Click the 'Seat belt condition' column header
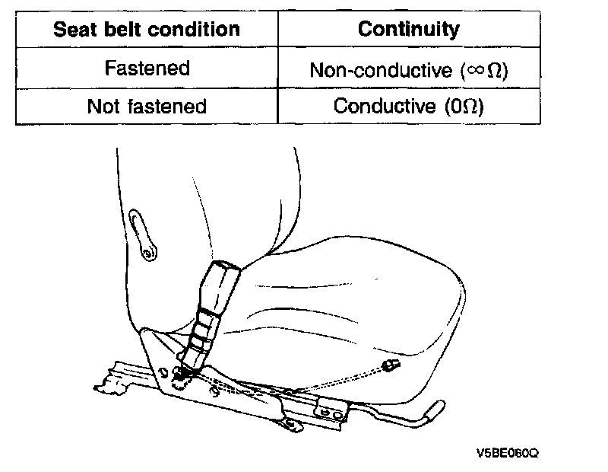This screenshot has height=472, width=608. tap(147, 30)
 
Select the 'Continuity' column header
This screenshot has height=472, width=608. tap(409, 30)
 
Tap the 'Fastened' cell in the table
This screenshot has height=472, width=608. tap(147, 68)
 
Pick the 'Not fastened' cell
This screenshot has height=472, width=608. tap(147, 106)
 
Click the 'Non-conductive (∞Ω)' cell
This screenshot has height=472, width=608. tap(409, 69)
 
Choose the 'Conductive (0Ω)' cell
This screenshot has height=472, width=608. tap(409, 106)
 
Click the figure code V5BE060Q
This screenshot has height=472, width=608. tap(507, 453)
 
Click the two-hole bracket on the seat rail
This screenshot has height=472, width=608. tap(328, 412)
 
